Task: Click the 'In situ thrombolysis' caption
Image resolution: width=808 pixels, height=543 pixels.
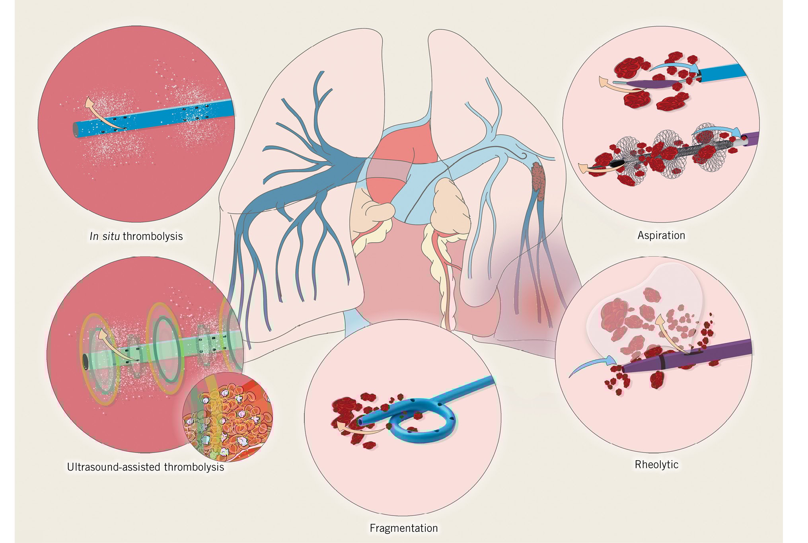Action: [136, 236]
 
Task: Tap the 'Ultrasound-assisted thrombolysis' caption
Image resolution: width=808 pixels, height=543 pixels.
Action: [145, 467]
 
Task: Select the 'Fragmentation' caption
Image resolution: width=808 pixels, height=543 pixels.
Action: [403, 528]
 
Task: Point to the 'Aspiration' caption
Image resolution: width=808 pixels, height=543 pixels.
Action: [661, 235]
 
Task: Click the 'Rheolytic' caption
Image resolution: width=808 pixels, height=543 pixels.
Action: [656, 464]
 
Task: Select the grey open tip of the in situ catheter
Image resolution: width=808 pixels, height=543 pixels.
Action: [75, 130]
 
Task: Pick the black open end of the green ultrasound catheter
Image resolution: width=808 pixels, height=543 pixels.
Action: [85, 361]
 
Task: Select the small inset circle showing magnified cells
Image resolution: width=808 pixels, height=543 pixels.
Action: [227, 416]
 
